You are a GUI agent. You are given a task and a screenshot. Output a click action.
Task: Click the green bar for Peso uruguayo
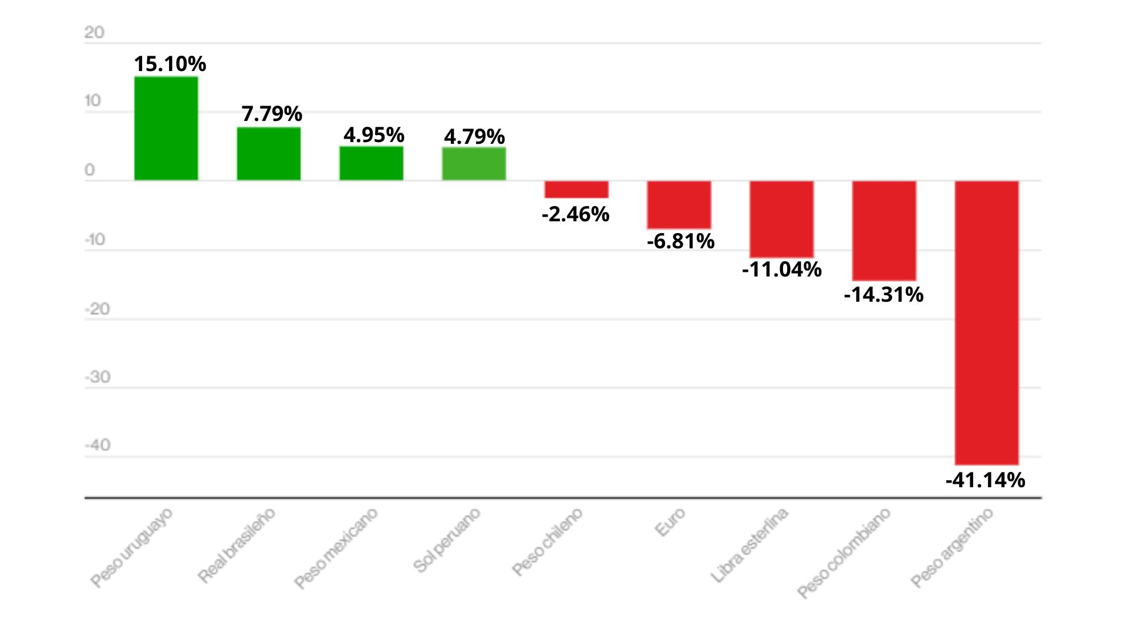(x=166, y=128)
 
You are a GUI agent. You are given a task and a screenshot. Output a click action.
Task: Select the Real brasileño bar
(x=269, y=153)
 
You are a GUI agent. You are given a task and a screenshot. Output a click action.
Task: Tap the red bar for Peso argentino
(x=987, y=322)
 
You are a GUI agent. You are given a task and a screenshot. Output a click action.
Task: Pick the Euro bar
(x=679, y=204)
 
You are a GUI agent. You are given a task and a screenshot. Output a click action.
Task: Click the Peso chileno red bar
(x=576, y=189)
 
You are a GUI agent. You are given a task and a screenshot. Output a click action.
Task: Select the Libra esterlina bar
(x=781, y=218)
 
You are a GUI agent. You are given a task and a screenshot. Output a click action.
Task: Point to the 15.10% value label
(x=170, y=63)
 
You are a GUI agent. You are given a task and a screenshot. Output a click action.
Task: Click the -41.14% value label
(x=985, y=480)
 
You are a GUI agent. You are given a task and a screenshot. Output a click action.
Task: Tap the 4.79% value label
(x=474, y=136)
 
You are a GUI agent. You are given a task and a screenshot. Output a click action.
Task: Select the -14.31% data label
(x=883, y=294)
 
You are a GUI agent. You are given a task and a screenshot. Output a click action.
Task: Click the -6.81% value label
(x=680, y=241)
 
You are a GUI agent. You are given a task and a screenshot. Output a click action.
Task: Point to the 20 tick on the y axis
(x=94, y=32)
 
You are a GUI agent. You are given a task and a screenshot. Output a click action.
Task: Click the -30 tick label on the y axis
(x=97, y=377)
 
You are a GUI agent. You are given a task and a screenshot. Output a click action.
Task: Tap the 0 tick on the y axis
(x=89, y=170)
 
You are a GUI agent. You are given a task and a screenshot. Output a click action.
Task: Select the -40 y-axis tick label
(x=97, y=445)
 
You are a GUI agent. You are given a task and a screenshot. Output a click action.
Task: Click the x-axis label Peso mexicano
(x=336, y=548)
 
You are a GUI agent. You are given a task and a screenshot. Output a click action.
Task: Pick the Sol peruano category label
(x=447, y=539)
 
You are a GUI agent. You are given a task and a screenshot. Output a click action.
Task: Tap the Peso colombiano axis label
(x=844, y=552)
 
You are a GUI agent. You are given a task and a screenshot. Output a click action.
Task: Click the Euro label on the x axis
(x=670, y=521)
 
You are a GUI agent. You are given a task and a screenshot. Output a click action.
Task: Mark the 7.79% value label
(x=272, y=113)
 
